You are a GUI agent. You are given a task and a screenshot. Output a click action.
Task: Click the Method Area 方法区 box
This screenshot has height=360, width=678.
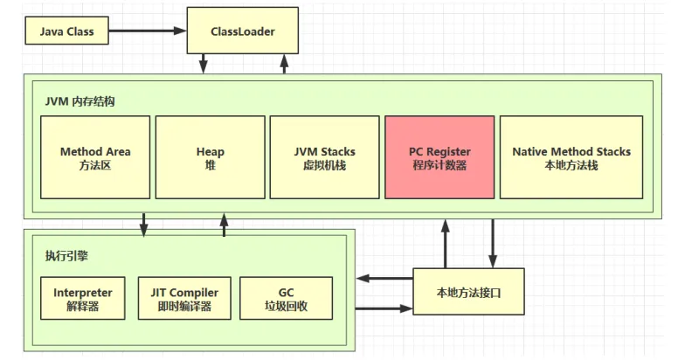pos(95,157)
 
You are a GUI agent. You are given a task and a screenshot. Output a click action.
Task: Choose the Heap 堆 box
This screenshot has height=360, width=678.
pos(210,157)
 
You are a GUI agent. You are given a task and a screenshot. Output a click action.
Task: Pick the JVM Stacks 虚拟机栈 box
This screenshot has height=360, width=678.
pos(324,157)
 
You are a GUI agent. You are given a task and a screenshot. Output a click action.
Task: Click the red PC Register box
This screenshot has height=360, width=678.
pos(439,157)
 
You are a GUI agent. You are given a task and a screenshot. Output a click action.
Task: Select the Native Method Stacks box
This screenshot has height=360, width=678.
pos(571,157)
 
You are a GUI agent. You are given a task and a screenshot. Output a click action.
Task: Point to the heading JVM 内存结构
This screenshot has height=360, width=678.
pos(80,100)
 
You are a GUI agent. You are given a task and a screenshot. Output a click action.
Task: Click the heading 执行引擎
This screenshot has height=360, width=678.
pos(66,257)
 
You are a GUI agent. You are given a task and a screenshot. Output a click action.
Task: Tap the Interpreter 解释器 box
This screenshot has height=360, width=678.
pos(83,299)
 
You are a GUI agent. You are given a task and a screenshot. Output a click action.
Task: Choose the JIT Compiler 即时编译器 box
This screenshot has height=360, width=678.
pos(184,299)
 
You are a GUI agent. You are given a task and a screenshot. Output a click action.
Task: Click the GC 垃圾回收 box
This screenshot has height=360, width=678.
pos(286,299)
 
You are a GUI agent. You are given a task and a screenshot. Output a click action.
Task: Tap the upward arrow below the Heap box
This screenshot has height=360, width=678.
pos(225,225)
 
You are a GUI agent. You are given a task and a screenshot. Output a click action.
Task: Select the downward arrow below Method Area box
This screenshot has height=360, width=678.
pos(144,225)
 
